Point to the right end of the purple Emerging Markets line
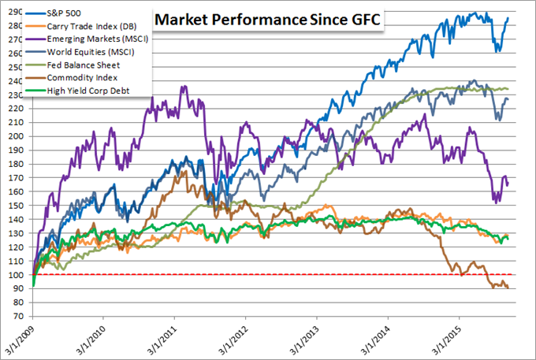point(508,184)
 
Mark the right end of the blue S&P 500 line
point(508,17)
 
